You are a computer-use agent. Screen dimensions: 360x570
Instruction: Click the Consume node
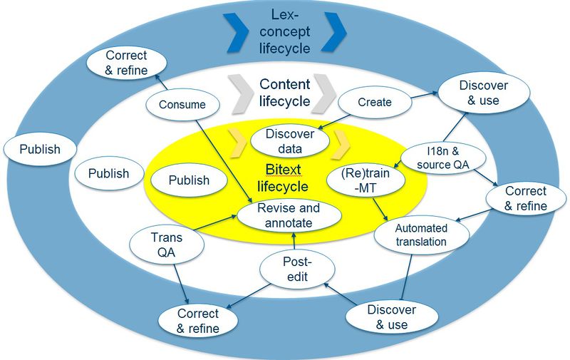click(182, 105)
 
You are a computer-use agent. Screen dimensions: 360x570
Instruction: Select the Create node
click(375, 102)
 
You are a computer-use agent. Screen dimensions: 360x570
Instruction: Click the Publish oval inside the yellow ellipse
click(189, 180)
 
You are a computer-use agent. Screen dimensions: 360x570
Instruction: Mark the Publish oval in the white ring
click(108, 173)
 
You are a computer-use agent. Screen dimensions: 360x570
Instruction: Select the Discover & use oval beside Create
click(484, 93)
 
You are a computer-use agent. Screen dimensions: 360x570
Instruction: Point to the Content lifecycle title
click(284, 93)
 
